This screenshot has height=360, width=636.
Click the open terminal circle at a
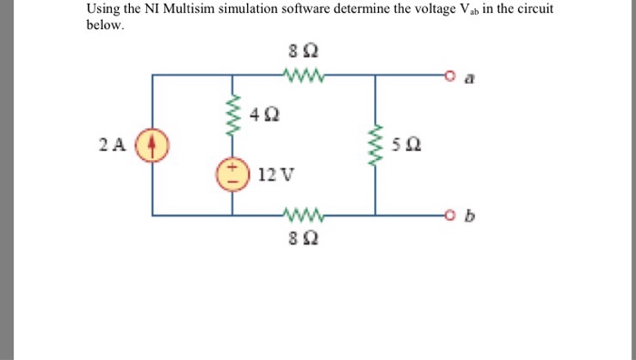coord(448,75)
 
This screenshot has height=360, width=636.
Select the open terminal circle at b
coord(448,215)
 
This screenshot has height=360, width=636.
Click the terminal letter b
coord(468,216)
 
